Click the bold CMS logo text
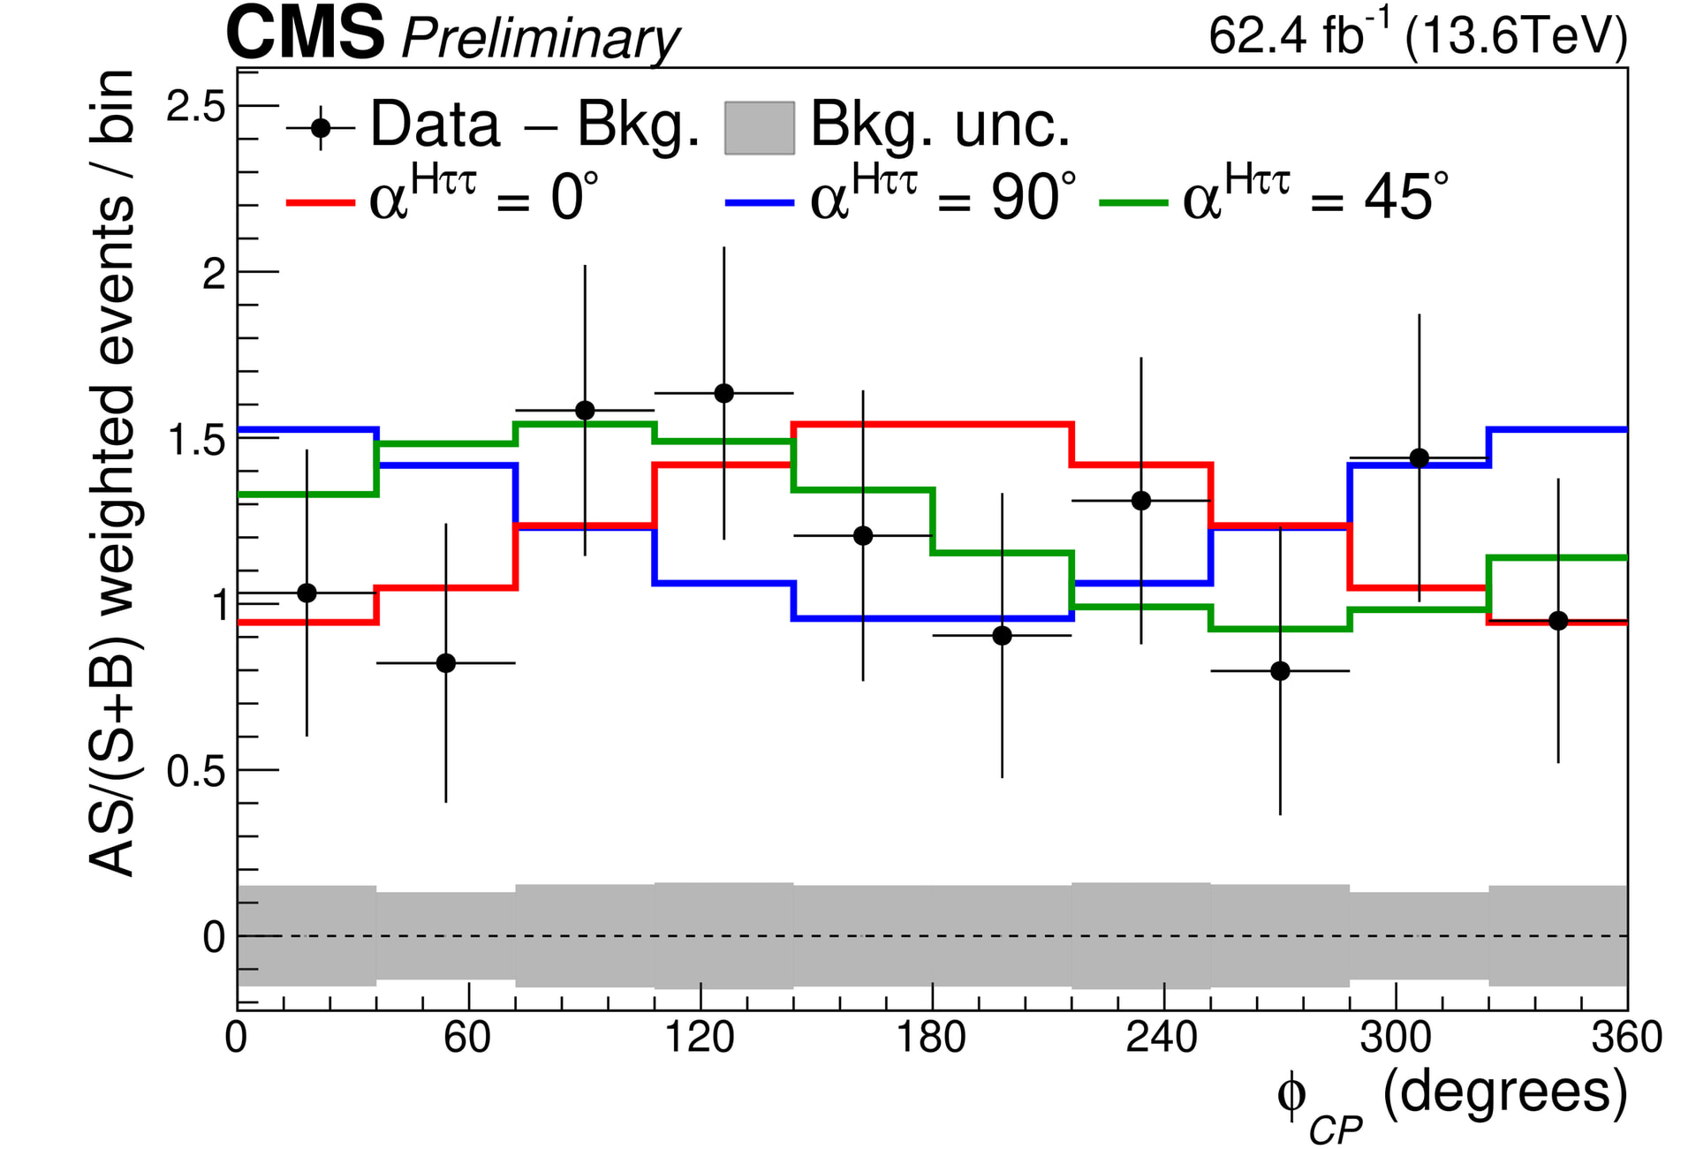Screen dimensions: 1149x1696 point(305,34)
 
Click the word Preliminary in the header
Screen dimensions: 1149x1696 point(540,39)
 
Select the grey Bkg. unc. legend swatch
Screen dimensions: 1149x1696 point(759,128)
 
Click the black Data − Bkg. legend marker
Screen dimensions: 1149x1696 point(321,128)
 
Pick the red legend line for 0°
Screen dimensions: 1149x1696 point(320,202)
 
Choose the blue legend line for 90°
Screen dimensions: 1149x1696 point(759,202)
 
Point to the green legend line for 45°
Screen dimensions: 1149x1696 point(1132,202)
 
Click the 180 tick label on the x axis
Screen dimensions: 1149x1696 point(931,1037)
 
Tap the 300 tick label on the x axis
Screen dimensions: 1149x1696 point(1395,1037)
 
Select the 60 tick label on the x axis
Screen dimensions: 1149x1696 point(467,1037)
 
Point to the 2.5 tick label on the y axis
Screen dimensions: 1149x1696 point(196,107)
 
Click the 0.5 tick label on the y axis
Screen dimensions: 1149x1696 point(196,771)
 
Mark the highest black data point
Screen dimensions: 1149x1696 point(723,393)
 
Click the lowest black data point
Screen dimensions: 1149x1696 point(1280,671)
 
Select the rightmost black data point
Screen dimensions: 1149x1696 point(1558,621)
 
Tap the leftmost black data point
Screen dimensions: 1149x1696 point(307,593)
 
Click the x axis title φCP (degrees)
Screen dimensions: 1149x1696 point(1450,1100)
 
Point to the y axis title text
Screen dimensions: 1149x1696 point(112,472)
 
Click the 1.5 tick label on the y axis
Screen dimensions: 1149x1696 point(196,440)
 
